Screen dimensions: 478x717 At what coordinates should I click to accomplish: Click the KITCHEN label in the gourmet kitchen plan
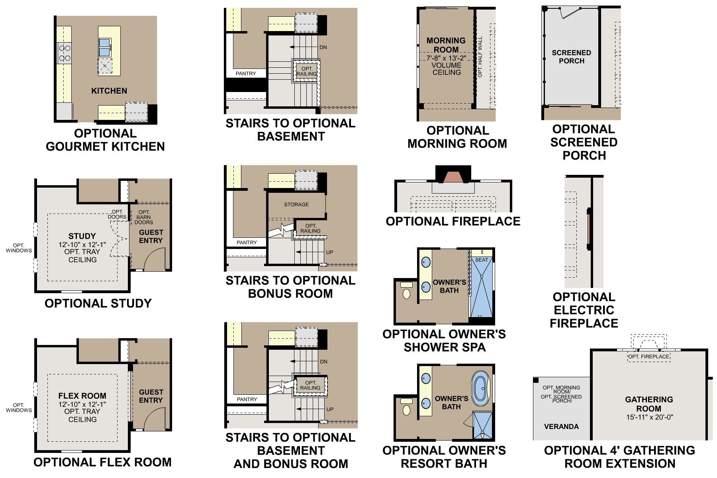coord(109,91)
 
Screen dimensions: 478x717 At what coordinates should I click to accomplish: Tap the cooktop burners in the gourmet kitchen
coord(65,53)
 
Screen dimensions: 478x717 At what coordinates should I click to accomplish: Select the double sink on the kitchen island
coord(105,47)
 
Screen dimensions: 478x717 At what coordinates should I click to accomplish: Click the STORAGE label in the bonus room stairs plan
coord(296,204)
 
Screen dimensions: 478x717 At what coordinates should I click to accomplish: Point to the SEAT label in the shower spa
coord(481,260)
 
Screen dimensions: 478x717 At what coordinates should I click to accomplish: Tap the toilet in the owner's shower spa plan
coord(406,291)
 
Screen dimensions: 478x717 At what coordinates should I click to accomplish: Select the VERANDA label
coord(561,427)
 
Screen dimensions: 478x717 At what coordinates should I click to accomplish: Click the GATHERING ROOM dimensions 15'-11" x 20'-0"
coord(649,417)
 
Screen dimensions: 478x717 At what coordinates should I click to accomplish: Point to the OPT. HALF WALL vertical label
coord(480,57)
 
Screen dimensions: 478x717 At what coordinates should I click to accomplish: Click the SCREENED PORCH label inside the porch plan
coord(571,57)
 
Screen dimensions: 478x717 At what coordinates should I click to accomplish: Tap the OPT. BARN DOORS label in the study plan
coord(144,217)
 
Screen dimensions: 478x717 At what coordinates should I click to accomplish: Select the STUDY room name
coord(82,236)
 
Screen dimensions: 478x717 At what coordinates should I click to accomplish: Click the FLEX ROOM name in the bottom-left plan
coord(82,396)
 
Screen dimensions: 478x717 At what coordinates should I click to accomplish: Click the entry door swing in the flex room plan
coord(154,420)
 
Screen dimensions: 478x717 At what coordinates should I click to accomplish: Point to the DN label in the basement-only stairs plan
coord(323,47)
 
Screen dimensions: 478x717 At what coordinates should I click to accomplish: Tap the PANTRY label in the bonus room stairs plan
coord(246,242)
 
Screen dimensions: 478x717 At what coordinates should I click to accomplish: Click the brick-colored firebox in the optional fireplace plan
coord(453,177)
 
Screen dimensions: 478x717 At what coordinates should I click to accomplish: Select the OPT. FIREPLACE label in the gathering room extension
coord(648,357)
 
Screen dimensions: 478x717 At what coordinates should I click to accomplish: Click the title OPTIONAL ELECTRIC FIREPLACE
coord(584,310)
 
